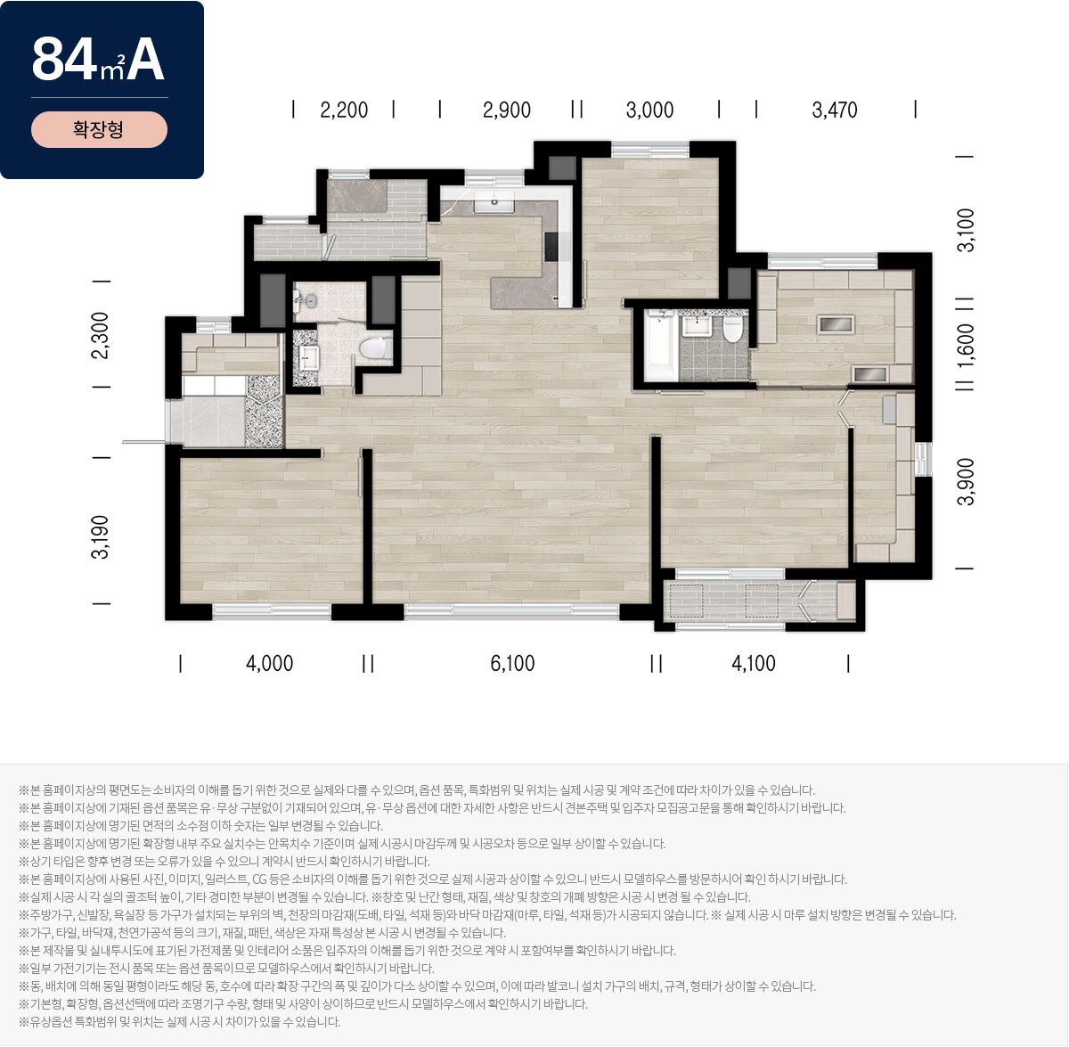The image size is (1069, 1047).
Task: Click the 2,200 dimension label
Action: (x=344, y=110)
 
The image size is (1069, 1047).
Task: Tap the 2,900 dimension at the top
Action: (x=507, y=110)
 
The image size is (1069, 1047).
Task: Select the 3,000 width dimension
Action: (x=649, y=110)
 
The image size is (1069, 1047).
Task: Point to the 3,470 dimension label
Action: (x=835, y=110)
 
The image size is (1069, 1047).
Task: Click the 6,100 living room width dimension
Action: (x=512, y=663)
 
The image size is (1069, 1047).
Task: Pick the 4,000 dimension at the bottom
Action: (x=270, y=663)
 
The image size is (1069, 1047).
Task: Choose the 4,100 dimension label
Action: (x=754, y=663)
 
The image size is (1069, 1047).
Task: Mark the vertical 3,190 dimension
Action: (x=101, y=536)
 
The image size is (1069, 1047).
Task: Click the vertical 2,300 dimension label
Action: (x=101, y=335)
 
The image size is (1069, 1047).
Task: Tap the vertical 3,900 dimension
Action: (x=966, y=482)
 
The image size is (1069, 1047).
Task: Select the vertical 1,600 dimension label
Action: (x=966, y=345)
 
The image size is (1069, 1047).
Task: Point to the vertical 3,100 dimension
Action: (x=966, y=231)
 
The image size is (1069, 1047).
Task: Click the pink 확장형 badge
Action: (x=99, y=129)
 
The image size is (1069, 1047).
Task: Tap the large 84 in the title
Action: (x=64, y=60)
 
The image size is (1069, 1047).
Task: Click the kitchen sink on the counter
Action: (x=494, y=204)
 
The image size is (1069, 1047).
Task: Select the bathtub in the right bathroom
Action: (x=660, y=347)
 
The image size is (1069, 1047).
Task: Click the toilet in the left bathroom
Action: (x=376, y=349)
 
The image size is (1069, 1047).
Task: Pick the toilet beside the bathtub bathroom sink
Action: (x=732, y=330)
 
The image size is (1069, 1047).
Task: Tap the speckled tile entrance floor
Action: (x=264, y=411)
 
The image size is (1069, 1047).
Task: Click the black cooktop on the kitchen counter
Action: (x=551, y=247)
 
